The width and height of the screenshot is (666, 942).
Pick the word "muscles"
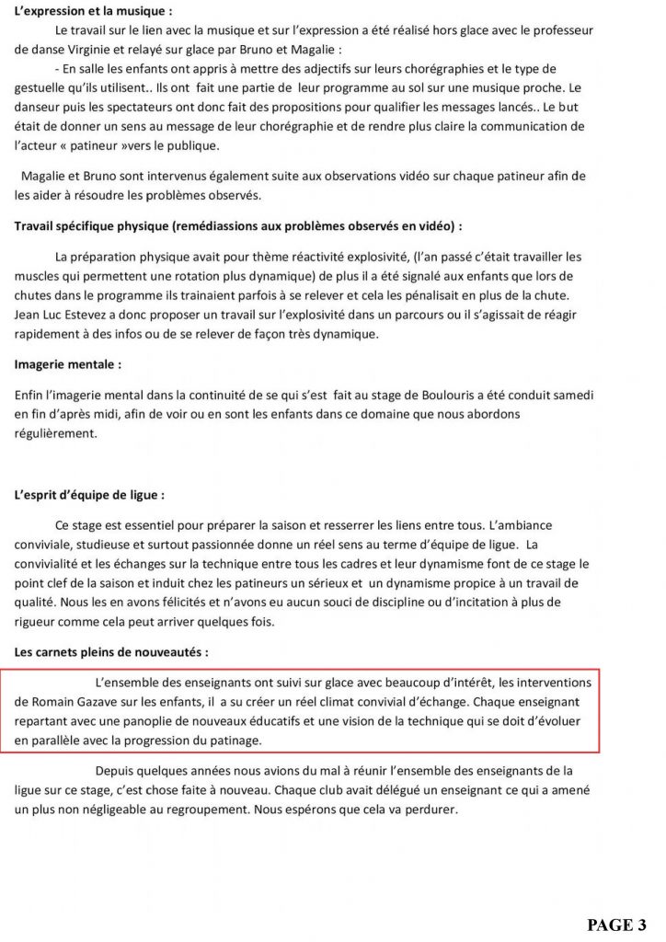pyautogui.click(x=38, y=275)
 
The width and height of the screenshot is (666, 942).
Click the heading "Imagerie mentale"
pyautogui.click(x=67, y=364)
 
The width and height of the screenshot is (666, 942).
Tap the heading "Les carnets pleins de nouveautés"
pyautogui.click(x=110, y=652)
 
